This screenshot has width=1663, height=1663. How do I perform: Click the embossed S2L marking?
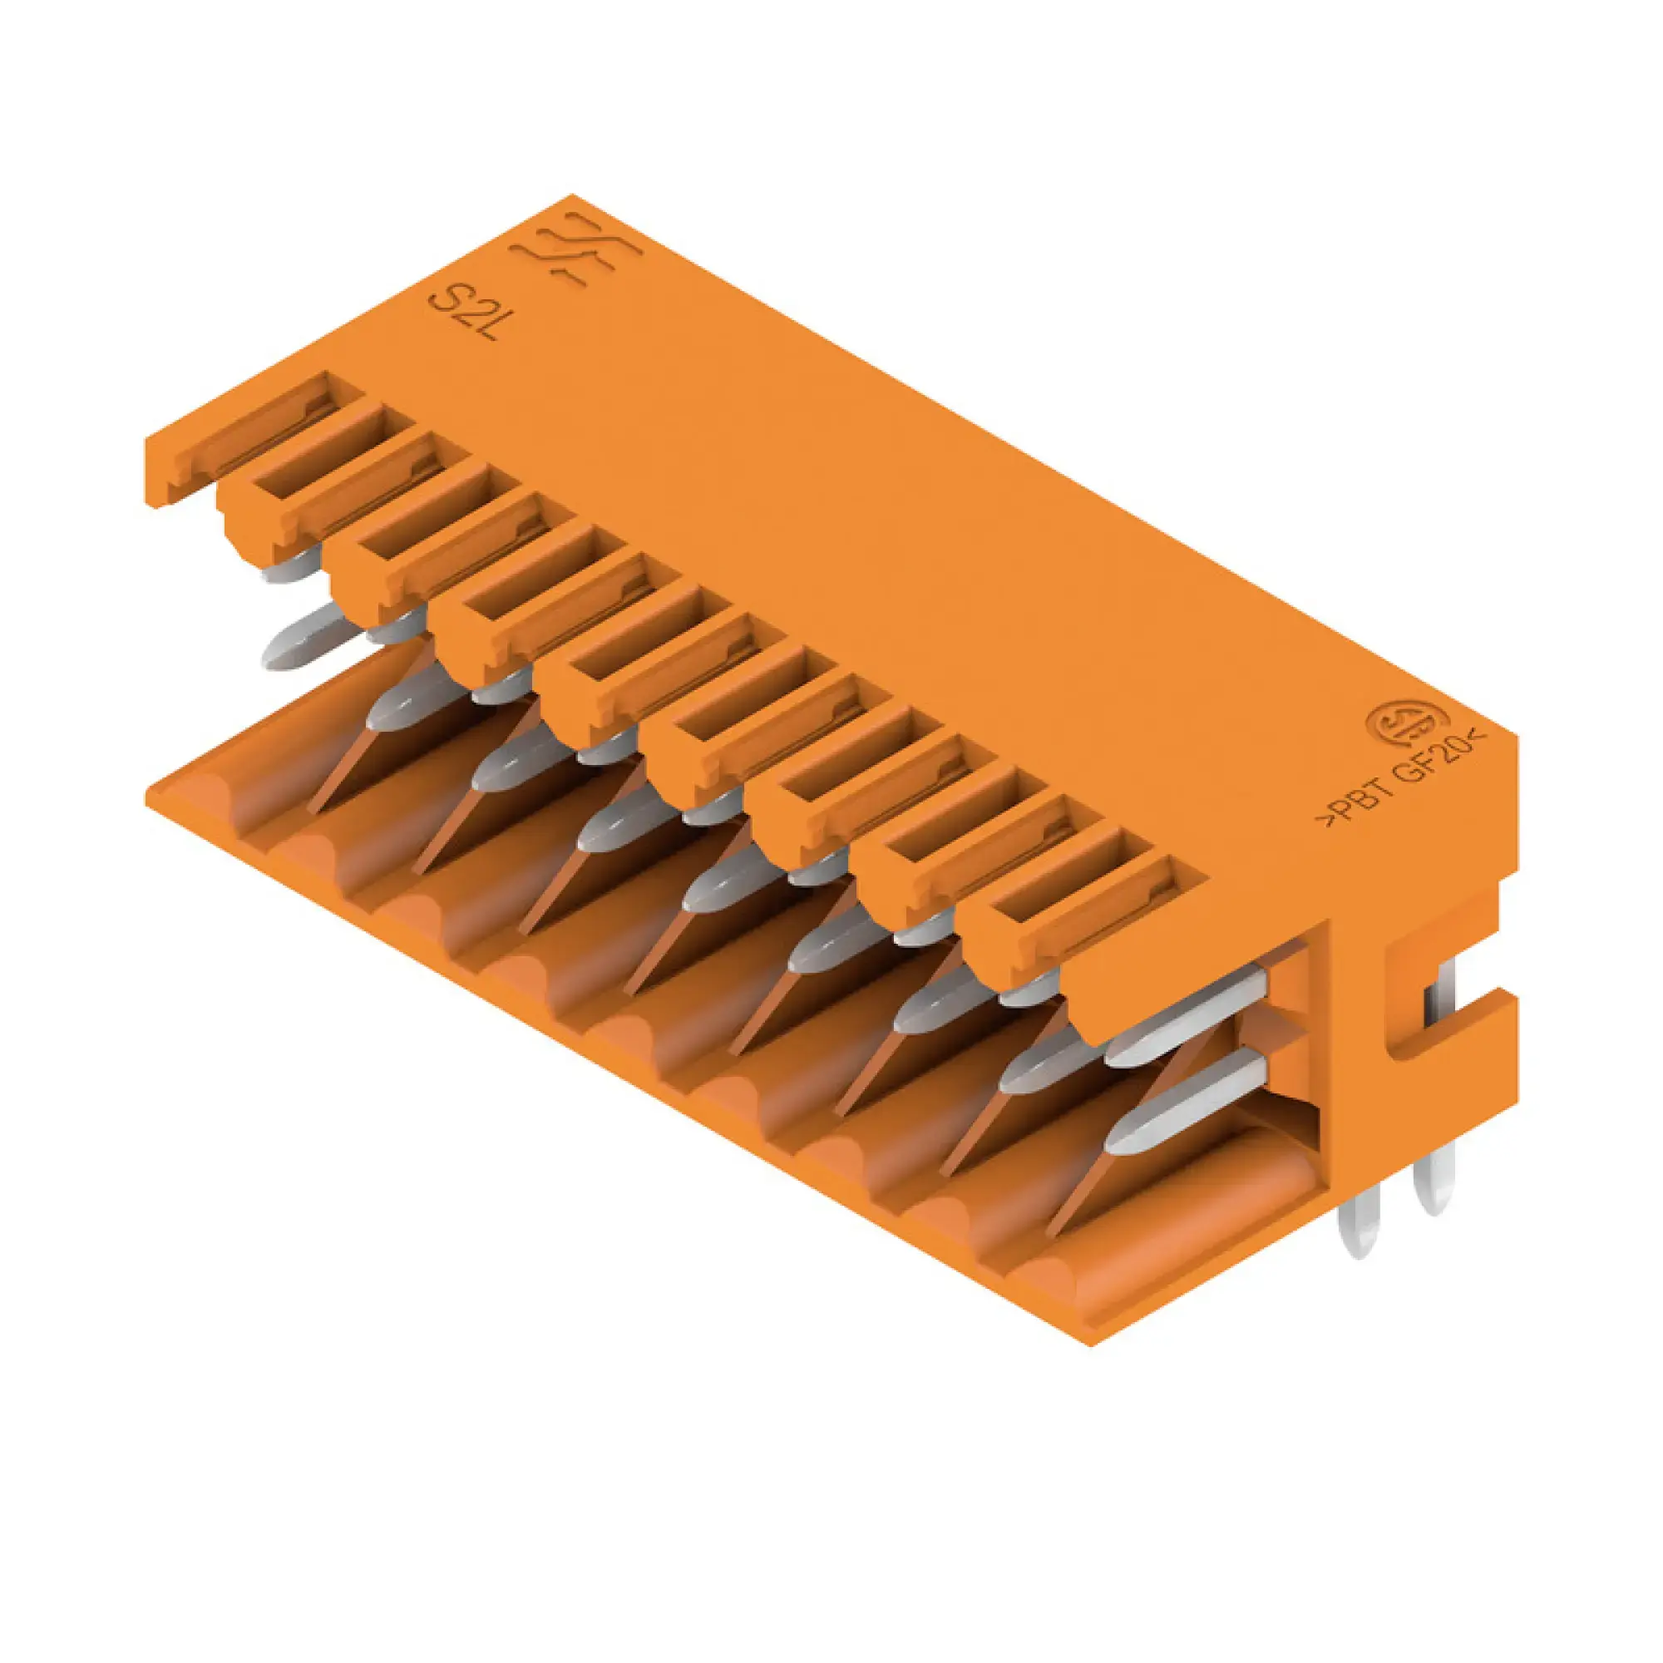click(466, 313)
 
